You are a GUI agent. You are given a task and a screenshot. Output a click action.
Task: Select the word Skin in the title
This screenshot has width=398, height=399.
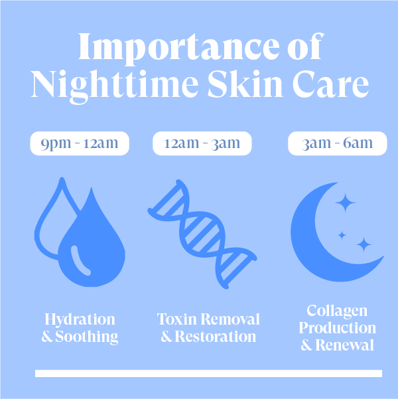tap(245, 84)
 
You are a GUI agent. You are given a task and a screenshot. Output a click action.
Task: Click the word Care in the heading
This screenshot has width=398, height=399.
tap(331, 84)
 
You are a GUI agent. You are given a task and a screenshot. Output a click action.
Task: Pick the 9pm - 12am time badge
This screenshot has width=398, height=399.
tap(80, 143)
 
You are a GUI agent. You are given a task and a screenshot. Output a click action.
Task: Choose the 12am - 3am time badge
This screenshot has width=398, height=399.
tap(202, 143)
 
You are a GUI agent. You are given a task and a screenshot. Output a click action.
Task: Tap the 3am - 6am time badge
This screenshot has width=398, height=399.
tap(338, 143)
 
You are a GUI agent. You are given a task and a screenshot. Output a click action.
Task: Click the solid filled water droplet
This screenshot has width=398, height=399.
tap(92, 250)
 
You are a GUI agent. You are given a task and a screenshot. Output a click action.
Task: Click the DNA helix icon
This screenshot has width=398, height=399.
tap(202, 234)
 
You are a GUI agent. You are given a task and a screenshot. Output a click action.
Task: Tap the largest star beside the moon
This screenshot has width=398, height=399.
tap(346, 202)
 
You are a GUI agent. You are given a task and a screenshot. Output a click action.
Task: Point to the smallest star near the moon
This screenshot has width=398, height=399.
tap(342, 236)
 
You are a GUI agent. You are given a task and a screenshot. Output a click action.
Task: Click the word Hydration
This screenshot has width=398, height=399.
tap(80, 319)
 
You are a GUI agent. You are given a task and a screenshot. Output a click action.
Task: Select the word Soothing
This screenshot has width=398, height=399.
tap(86, 337)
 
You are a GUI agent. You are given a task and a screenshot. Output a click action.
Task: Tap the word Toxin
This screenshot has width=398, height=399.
tap(176, 319)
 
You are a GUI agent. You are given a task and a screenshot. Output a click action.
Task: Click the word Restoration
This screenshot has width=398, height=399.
tap(216, 337)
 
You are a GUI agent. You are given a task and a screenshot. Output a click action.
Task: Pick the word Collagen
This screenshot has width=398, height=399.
tap(337, 311)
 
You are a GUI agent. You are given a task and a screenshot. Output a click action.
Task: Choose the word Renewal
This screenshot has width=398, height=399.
tap(344, 345)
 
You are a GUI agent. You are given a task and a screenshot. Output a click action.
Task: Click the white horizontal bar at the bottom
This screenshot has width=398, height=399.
tap(208, 373)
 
